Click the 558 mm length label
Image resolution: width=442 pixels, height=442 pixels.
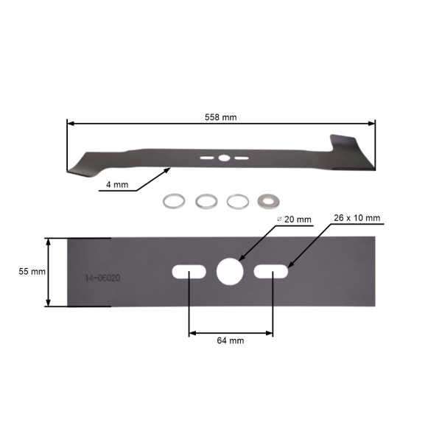tap(221, 117)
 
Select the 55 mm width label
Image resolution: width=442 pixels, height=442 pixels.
tap(32, 272)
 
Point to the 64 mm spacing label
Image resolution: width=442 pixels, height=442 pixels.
tap(231, 341)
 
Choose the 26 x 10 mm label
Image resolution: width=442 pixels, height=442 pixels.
tap(357, 218)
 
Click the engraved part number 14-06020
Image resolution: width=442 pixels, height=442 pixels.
tap(102, 279)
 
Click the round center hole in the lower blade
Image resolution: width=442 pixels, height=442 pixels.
tap(229, 272)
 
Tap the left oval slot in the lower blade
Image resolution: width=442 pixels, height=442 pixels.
tap(189, 272)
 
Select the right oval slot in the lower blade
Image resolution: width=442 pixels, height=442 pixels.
tap(271, 272)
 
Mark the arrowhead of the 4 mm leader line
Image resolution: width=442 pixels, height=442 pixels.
tap(171, 169)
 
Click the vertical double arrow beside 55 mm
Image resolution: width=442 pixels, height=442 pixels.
tap(49, 272)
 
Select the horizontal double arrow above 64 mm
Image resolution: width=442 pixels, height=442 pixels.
tap(231, 334)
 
